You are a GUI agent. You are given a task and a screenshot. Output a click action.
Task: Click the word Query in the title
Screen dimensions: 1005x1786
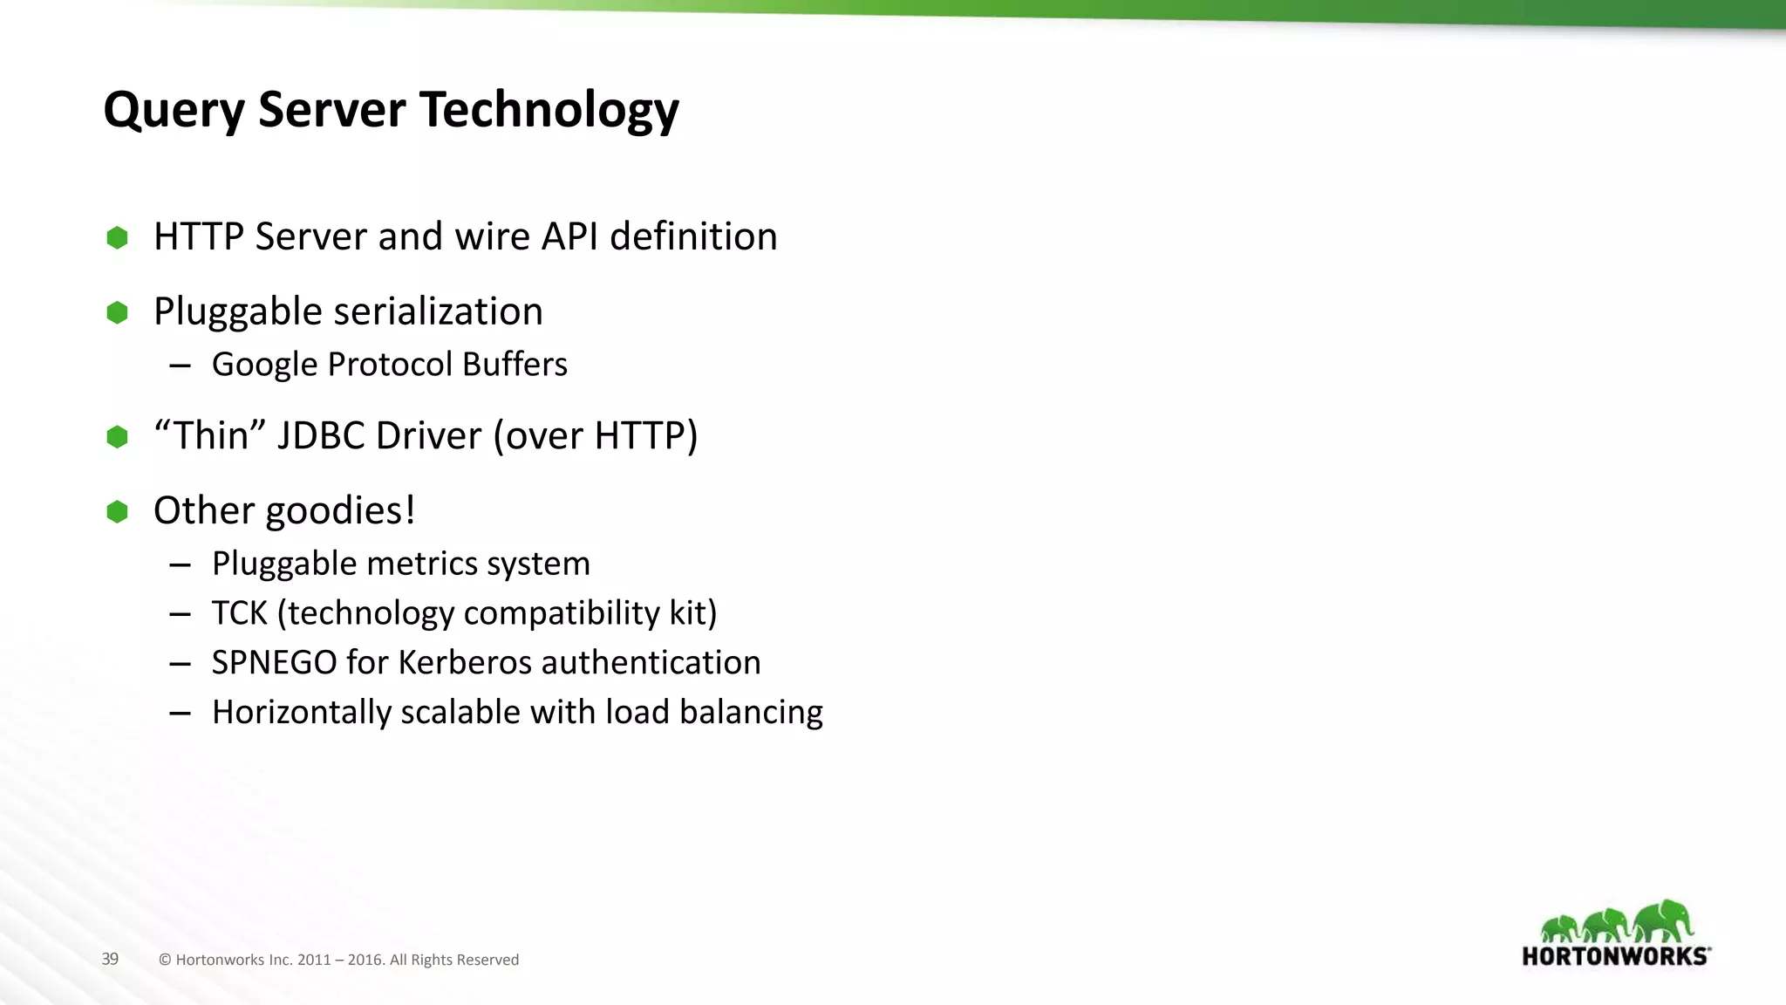[x=174, y=112]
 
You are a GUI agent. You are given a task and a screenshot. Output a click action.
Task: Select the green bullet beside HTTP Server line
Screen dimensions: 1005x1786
[x=117, y=237]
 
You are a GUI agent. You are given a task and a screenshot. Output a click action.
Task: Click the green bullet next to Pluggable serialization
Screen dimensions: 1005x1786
[x=117, y=312]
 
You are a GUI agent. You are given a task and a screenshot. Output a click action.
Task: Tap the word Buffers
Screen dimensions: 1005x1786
[x=515, y=365]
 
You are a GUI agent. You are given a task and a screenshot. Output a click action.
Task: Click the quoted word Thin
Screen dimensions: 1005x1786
[x=208, y=435]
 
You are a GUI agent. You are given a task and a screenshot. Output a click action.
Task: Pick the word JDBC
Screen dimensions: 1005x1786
[x=320, y=435]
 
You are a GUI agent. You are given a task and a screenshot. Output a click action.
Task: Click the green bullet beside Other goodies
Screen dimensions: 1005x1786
[x=117, y=511]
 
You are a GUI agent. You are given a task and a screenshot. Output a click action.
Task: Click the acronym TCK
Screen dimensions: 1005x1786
[x=239, y=613]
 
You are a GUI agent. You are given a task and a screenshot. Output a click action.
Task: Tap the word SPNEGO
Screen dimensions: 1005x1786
[x=274, y=663]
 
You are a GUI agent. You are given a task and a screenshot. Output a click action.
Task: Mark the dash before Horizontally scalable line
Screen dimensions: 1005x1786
[x=181, y=714]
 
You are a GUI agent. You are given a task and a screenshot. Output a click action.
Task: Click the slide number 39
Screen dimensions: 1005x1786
[x=110, y=959]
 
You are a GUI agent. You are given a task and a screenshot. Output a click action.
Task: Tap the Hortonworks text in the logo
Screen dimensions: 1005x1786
[x=1615, y=956]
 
